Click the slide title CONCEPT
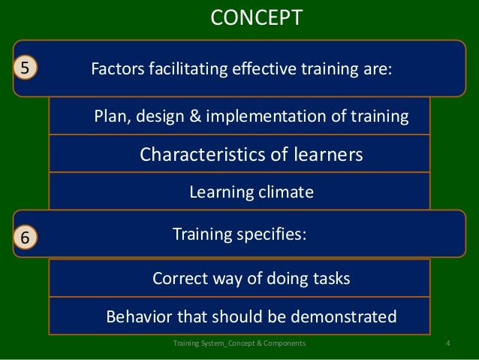pos(255,17)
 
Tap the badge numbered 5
pos(25,68)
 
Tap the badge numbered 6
pos(25,237)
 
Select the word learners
pos(326,155)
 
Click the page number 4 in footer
pos(447,344)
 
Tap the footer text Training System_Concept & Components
pos(239,344)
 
